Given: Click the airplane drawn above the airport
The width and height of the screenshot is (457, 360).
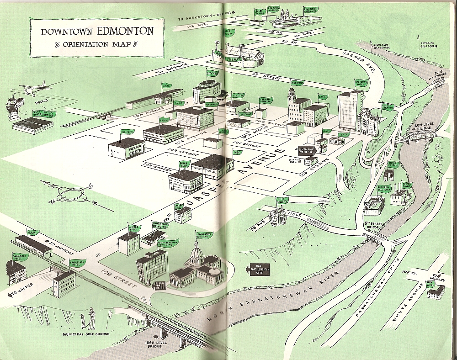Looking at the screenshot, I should tap(35, 90).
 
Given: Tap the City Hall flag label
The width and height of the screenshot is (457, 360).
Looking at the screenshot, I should tap(213, 74).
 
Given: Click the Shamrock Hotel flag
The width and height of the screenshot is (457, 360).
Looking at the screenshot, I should tap(21, 256).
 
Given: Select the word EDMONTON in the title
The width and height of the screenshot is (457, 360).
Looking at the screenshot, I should tap(123, 32).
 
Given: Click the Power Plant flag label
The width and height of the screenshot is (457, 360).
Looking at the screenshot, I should tap(406, 185).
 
